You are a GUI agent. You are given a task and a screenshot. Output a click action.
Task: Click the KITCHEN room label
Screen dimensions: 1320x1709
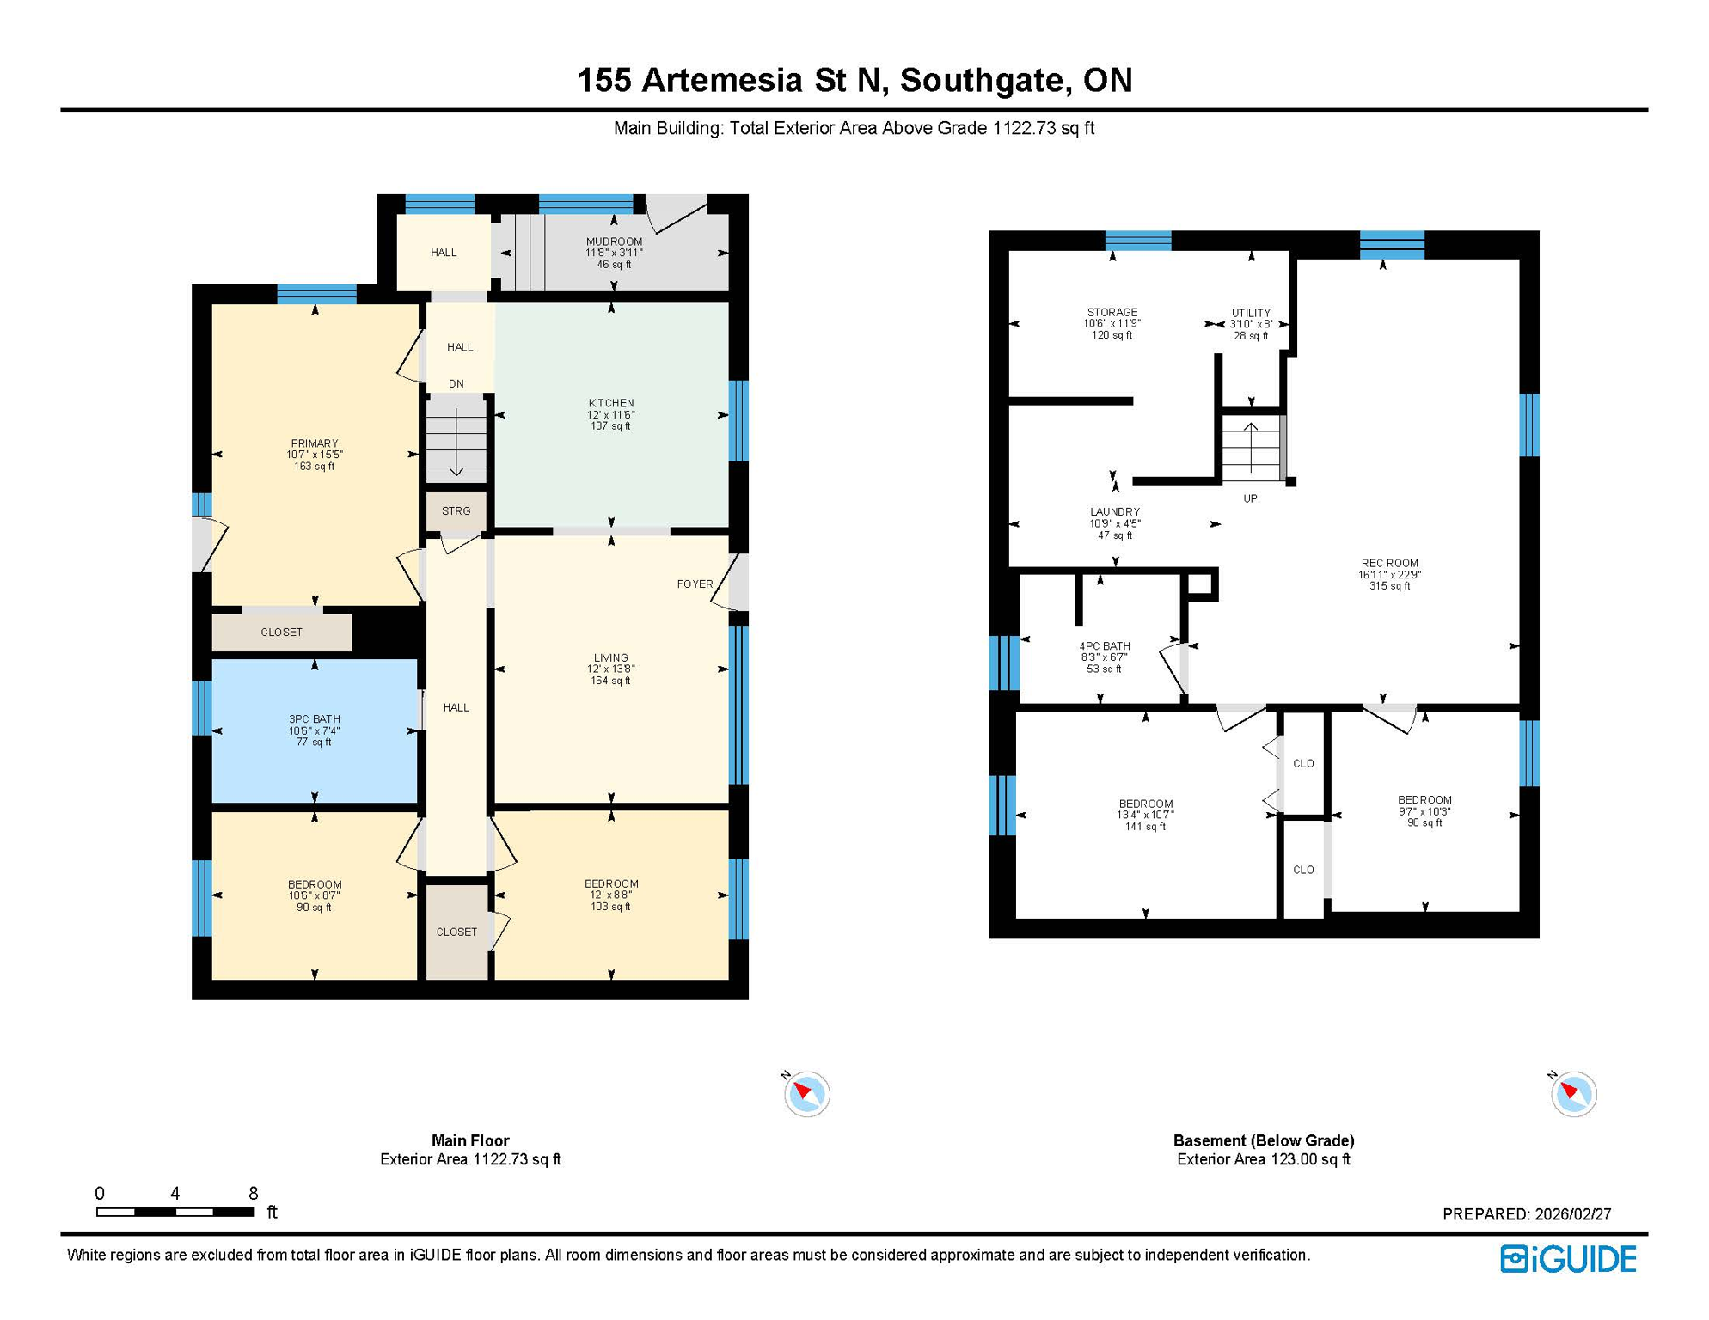[x=610, y=403]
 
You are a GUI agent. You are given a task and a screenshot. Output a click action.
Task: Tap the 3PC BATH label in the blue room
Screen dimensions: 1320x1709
[x=314, y=719]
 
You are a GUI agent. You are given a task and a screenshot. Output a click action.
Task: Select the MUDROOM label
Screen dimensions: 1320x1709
[x=614, y=241]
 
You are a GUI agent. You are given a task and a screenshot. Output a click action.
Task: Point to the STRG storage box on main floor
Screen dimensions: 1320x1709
[x=456, y=511]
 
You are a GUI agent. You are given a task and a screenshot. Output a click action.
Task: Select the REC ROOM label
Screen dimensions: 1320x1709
[x=1388, y=564]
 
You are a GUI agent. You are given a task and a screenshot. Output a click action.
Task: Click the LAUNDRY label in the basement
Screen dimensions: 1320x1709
[x=1114, y=512]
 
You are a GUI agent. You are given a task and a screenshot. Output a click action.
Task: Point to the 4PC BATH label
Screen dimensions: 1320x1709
[x=1104, y=646]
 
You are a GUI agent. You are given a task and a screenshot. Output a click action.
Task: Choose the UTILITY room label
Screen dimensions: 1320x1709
[x=1250, y=314]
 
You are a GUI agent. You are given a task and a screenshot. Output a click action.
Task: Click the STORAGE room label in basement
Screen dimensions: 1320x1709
[x=1112, y=313]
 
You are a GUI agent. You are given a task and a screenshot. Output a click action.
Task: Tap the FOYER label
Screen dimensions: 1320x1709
[x=695, y=584]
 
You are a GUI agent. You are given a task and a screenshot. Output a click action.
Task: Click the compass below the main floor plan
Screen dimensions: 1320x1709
[x=806, y=1094]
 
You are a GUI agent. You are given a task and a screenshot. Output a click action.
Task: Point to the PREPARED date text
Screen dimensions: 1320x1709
[x=1526, y=1214]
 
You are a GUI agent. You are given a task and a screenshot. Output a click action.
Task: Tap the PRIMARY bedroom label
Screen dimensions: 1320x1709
[x=314, y=443]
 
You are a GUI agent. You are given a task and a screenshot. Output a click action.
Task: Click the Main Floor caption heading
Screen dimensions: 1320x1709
[x=470, y=1140]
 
